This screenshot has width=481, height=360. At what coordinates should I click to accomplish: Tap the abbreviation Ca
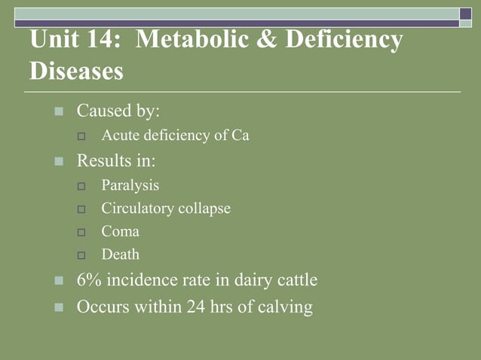click(x=240, y=136)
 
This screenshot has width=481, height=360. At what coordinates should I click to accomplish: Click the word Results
click(x=105, y=160)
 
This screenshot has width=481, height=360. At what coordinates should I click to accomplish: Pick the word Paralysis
click(x=130, y=185)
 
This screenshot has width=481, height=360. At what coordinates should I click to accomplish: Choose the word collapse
click(x=204, y=209)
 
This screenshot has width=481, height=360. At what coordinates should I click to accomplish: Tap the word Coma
click(x=121, y=232)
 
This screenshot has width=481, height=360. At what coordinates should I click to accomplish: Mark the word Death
click(x=121, y=255)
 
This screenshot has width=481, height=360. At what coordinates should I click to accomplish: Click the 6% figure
click(x=90, y=281)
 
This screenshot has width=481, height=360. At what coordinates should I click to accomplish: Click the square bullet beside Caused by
click(x=60, y=112)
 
